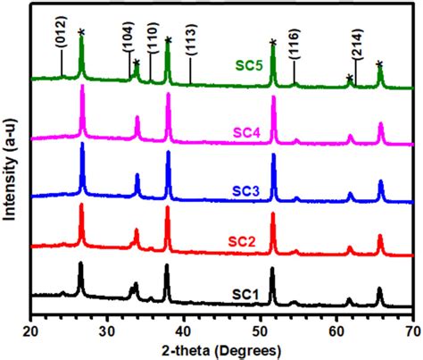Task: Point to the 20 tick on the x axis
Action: click(31, 329)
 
